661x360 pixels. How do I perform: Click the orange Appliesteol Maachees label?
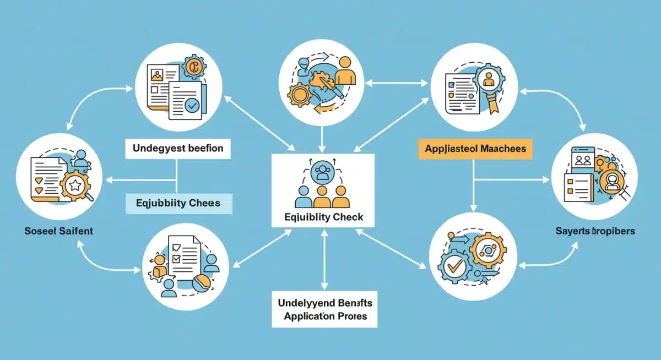[x=475, y=149]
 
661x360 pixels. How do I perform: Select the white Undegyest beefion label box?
[x=177, y=148]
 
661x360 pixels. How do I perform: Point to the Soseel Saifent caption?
[x=58, y=231]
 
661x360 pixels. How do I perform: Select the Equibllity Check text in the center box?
[x=323, y=217]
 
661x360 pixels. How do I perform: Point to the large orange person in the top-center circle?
[x=345, y=72]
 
